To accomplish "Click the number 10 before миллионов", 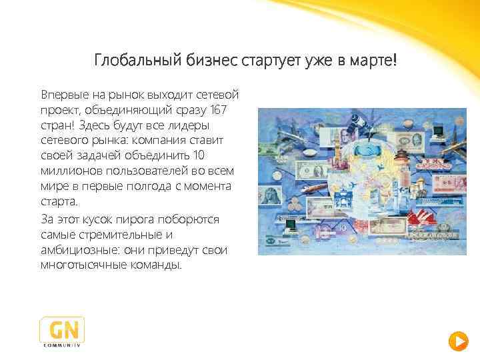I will [x=199, y=155].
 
